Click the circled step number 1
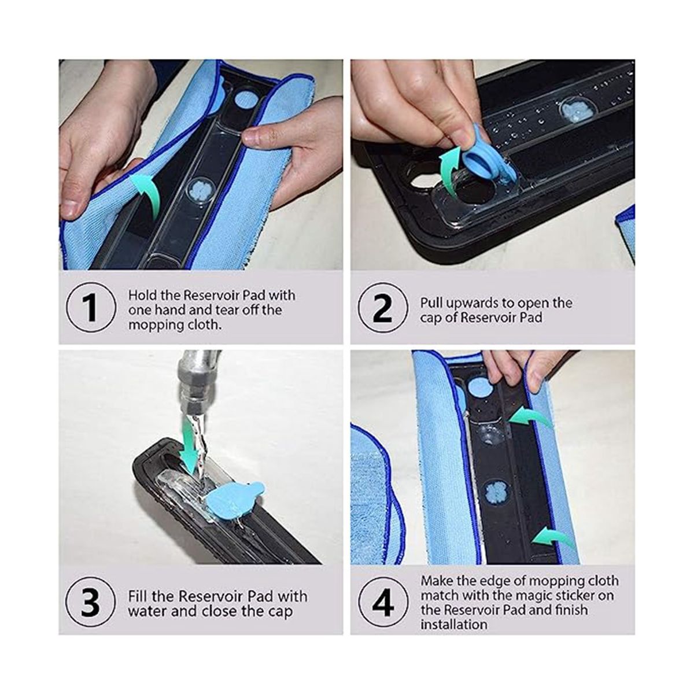tap(91, 308)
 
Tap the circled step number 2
tap(383, 308)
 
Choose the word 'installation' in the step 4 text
tap(454, 624)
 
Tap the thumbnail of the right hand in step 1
tap(253, 136)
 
